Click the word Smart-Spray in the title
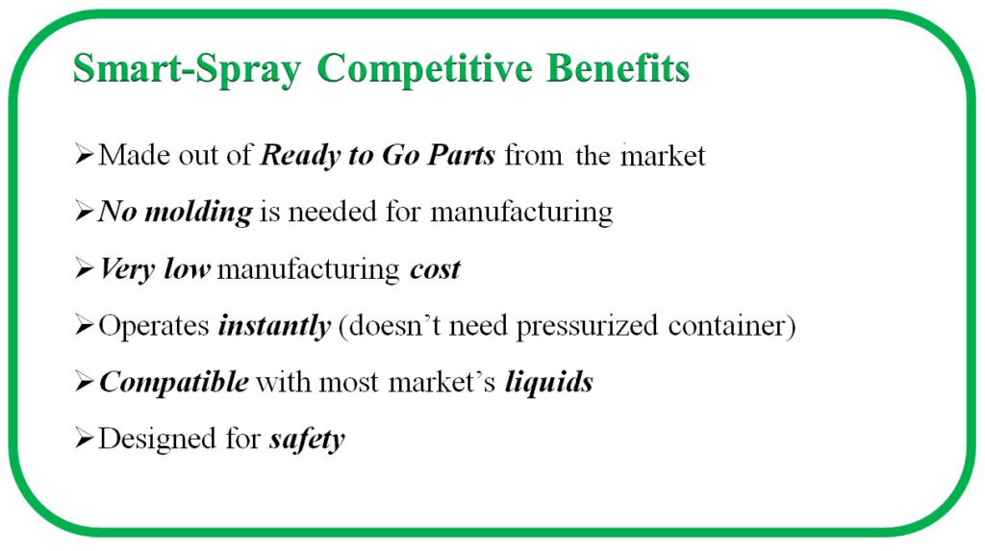point(187,69)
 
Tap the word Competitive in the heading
point(424,69)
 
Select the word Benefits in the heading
point(619,67)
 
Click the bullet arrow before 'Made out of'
point(85,154)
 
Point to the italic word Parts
point(462,155)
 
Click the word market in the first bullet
point(664,156)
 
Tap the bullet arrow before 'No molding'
point(85,212)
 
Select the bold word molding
point(198,212)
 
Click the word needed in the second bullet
point(332,212)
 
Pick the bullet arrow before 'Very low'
point(85,268)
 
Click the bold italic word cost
point(436,269)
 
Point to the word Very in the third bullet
point(128,269)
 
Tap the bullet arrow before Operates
point(85,325)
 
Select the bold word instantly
point(274,326)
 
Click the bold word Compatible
point(174,383)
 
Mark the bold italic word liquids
point(549,383)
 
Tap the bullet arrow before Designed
point(85,438)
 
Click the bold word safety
point(307,439)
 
